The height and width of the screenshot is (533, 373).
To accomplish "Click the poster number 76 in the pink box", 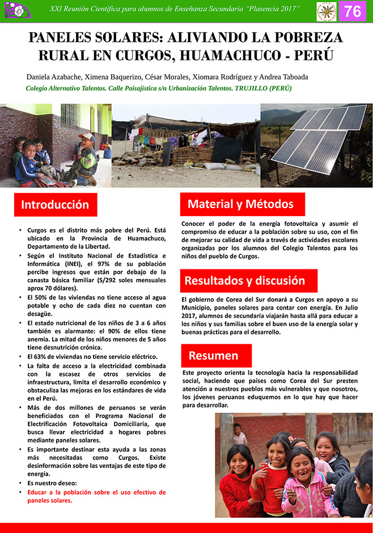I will [353, 11].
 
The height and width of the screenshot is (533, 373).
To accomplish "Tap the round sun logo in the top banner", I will [326, 11].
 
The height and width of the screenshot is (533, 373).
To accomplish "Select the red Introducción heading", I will [55, 205].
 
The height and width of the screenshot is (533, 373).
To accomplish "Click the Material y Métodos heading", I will [241, 204].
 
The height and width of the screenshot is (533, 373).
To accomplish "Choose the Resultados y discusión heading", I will [245, 281].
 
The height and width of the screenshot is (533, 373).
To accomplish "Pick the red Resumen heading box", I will [213, 356].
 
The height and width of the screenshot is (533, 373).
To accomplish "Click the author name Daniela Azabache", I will [54, 77].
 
